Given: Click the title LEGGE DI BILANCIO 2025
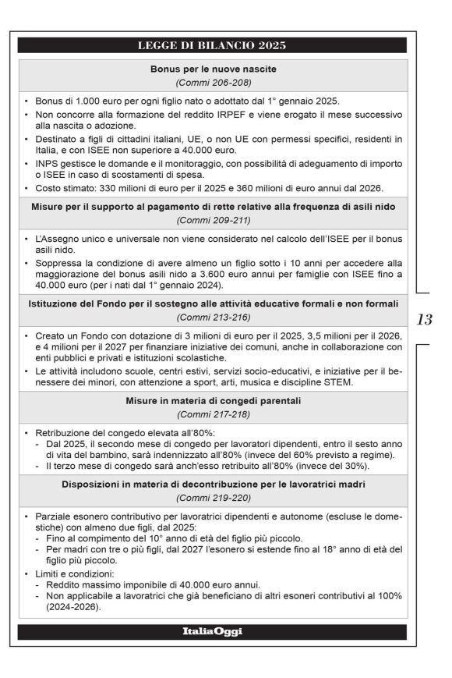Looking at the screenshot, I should [x=213, y=44].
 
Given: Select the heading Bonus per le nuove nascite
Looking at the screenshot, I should [x=213, y=69].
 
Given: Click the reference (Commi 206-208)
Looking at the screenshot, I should [x=213, y=82].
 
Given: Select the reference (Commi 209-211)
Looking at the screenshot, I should [x=213, y=220].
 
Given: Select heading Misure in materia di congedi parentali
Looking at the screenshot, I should [x=213, y=401].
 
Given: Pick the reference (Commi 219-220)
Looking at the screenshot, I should [x=213, y=497].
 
